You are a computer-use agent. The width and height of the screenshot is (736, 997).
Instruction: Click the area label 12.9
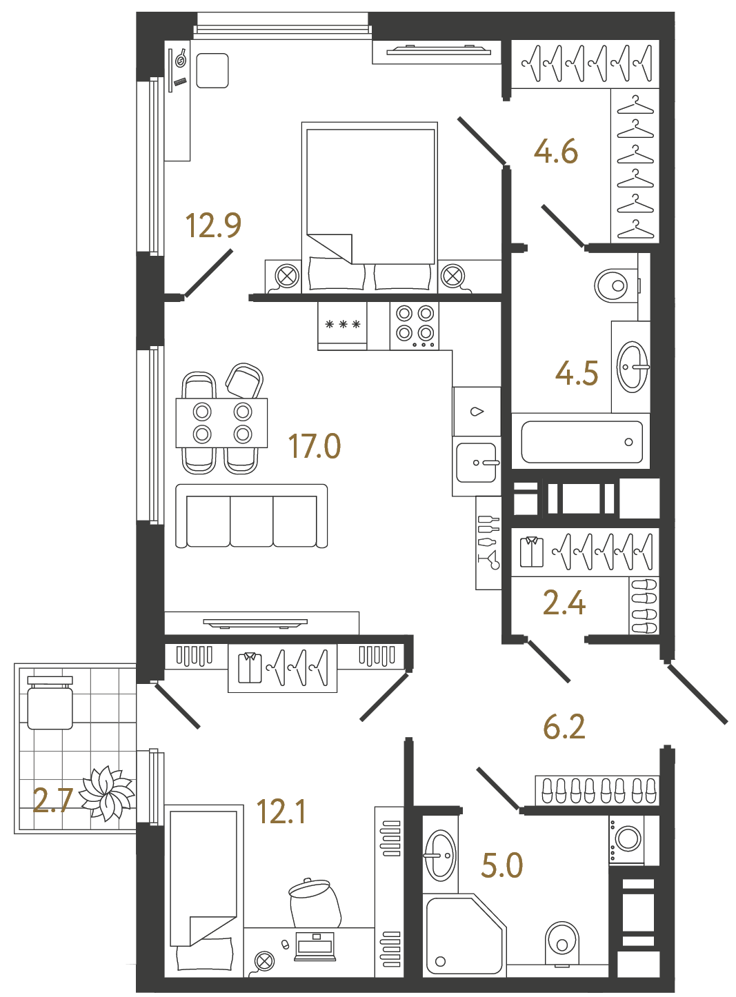pyautogui.click(x=213, y=225)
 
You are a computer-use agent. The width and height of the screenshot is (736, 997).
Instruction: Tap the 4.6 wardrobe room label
pyautogui.click(x=556, y=152)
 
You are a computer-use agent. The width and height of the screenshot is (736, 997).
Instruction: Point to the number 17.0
pyautogui.click(x=314, y=446)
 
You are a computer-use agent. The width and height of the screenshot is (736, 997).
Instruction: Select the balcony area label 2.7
pyautogui.click(x=52, y=800)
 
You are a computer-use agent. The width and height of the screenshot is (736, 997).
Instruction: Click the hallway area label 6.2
pyautogui.click(x=564, y=727)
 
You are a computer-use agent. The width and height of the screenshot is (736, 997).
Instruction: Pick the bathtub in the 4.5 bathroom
pyautogui.click(x=581, y=442)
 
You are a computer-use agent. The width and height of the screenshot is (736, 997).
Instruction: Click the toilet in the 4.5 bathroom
pyautogui.click(x=614, y=285)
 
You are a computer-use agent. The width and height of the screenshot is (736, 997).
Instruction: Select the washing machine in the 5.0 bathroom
pyautogui.click(x=627, y=839)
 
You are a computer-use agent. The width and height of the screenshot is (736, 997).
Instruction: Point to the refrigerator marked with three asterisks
pyautogui.click(x=343, y=325)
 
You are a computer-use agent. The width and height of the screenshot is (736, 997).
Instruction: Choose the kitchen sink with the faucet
pyautogui.click(x=477, y=462)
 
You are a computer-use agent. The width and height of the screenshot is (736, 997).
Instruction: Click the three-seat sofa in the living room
pyautogui.click(x=251, y=516)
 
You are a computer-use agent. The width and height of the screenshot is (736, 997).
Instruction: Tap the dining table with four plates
pyautogui.click(x=221, y=423)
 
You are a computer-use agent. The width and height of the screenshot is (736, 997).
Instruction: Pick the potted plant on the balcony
pyautogui.click(x=106, y=793)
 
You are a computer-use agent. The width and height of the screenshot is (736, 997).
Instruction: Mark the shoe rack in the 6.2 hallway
pyautogui.click(x=597, y=790)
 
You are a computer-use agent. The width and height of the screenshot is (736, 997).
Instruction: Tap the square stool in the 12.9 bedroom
pyautogui.click(x=212, y=71)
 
